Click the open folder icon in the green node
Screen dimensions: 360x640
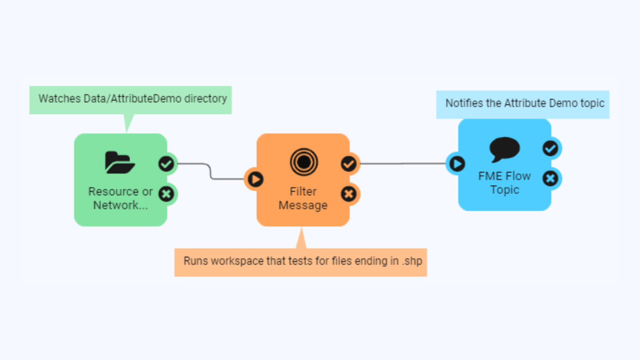pyautogui.click(x=120, y=162)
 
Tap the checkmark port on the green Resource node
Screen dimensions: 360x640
pyautogui.click(x=166, y=164)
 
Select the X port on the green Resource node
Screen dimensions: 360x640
pyautogui.click(x=166, y=194)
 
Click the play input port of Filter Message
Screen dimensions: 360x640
pyautogui.click(x=255, y=179)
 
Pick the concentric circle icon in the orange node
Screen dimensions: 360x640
pyautogui.click(x=304, y=162)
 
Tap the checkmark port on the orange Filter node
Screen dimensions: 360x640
pyautogui.click(x=348, y=164)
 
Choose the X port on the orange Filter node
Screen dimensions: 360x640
pyautogui.click(x=348, y=194)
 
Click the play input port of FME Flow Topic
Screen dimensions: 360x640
pyautogui.click(x=457, y=164)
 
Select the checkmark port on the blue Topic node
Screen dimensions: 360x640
pyautogui.click(x=550, y=148)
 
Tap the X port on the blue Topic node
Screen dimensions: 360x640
pyautogui.click(x=550, y=178)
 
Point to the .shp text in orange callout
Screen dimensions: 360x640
pyautogui.click(x=412, y=261)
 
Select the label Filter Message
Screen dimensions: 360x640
pyautogui.click(x=303, y=198)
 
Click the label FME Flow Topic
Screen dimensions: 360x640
pyautogui.click(x=504, y=183)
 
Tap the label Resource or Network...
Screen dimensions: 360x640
pyautogui.click(x=120, y=198)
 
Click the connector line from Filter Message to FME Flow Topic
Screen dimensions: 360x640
pyautogui.click(x=402, y=164)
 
